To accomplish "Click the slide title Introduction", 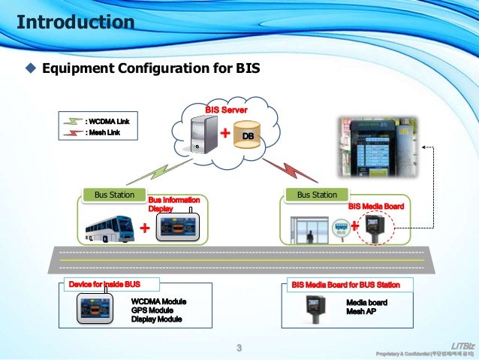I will (76, 22).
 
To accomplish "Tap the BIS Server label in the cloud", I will (227, 110).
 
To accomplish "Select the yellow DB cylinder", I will (250, 136).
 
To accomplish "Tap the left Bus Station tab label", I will (114, 195).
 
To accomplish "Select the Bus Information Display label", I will (173, 204).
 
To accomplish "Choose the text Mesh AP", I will (361, 310).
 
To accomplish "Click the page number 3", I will (239, 347).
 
